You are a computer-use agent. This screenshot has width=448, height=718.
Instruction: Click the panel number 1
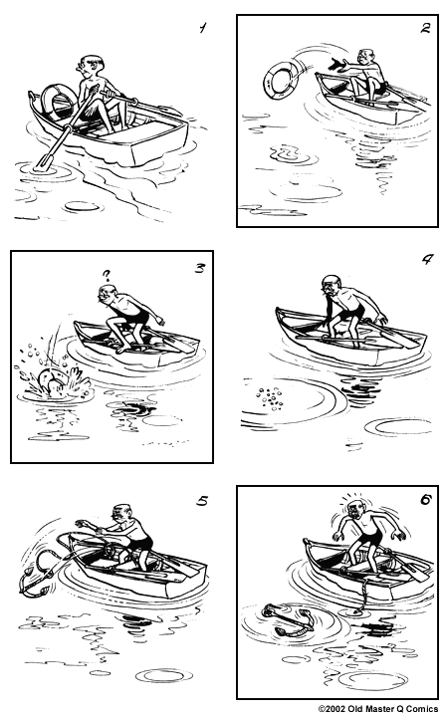[202, 29]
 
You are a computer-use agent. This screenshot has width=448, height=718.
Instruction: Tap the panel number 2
[425, 28]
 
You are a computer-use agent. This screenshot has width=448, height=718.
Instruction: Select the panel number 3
[199, 266]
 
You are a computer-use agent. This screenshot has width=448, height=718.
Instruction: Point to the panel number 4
[426, 262]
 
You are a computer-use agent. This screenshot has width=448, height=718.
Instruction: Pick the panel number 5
[202, 501]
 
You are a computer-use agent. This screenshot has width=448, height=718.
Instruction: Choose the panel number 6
[425, 501]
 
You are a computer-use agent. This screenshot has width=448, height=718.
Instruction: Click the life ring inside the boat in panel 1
[56, 100]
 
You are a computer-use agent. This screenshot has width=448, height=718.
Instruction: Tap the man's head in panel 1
[94, 65]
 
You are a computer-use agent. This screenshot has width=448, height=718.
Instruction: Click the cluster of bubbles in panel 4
[268, 395]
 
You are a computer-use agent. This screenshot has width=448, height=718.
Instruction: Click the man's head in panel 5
[121, 515]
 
